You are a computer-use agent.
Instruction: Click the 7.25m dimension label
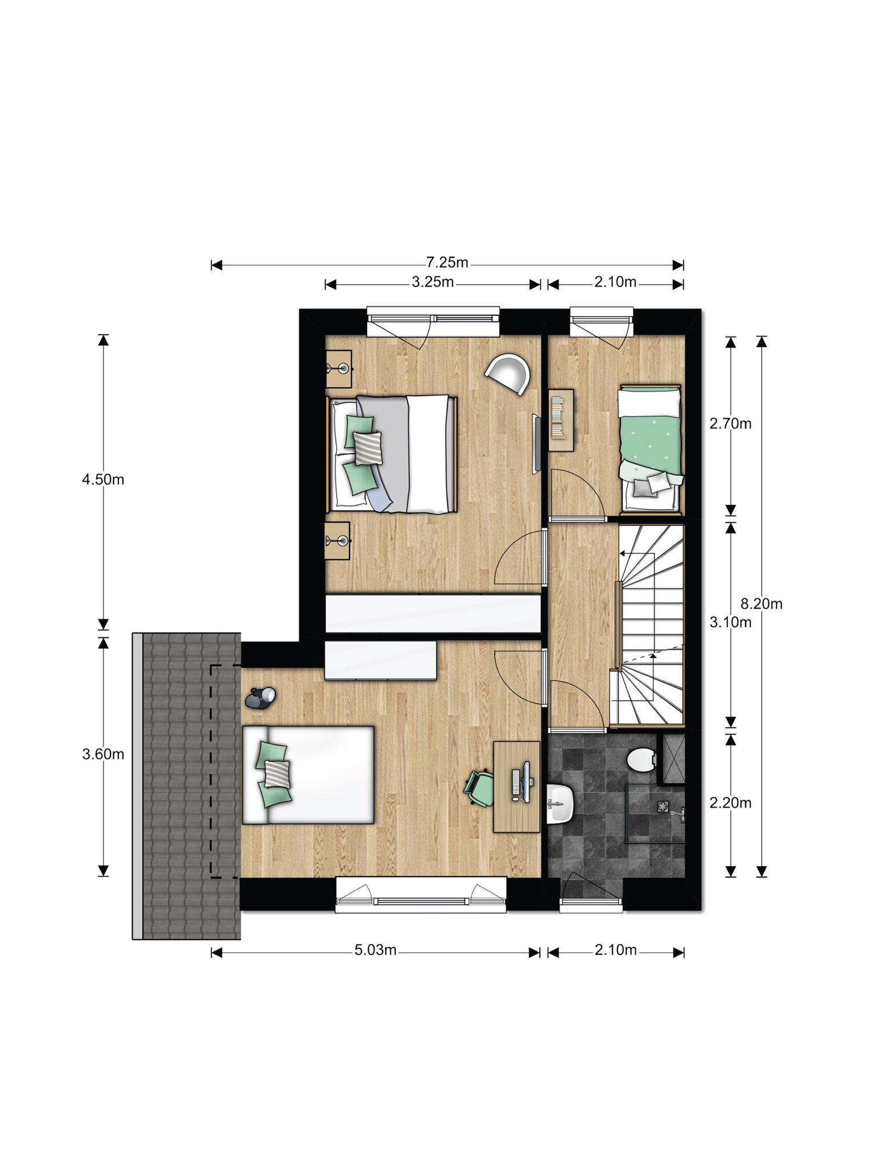[447, 262]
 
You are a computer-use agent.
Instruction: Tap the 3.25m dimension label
[433, 282]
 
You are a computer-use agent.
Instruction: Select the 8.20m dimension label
[761, 604]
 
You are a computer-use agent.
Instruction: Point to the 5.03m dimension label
[375, 950]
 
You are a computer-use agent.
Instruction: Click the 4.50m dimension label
[103, 480]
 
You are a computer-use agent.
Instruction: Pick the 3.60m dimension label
[103, 755]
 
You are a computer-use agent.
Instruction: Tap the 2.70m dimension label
[730, 424]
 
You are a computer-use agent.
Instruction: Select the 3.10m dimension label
[730, 623]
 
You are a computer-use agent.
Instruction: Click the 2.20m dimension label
[730, 803]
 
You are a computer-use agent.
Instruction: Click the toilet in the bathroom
[642, 759]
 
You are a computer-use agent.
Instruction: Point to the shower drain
[663, 806]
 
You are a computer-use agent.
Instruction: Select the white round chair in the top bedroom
[508, 373]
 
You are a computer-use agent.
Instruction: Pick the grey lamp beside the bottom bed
[260, 698]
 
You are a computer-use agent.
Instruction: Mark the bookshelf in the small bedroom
[561, 420]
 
